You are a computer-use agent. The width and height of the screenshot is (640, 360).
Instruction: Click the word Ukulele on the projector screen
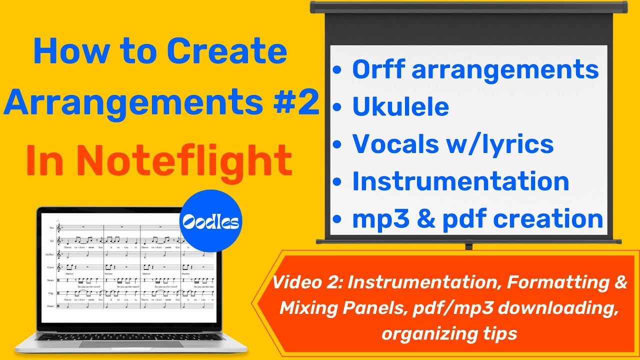(400, 106)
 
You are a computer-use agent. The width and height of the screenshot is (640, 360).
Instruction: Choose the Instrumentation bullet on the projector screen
(460, 181)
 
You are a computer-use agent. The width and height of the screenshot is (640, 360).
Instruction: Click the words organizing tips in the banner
(449, 333)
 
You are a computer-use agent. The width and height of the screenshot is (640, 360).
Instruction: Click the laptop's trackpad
(131, 343)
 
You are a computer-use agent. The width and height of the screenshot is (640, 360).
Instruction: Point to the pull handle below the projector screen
(468, 246)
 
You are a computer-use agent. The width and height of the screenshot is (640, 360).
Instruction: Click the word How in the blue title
(62, 51)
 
